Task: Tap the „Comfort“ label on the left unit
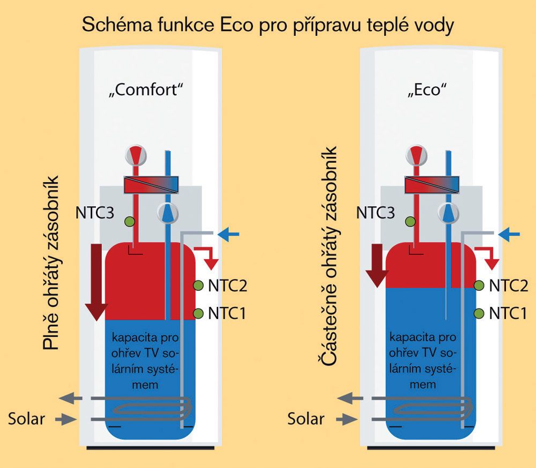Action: [146, 90]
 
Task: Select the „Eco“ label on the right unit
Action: [427, 90]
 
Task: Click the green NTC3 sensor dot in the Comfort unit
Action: [129, 222]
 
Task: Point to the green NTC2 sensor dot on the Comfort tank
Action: [198, 285]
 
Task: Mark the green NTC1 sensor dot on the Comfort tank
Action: [198, 313]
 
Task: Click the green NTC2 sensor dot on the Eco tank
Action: [479, 285]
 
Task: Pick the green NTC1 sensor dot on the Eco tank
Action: [479, 313]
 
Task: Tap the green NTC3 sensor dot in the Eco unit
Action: [410, 222]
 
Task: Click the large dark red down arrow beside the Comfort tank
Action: [96, 282]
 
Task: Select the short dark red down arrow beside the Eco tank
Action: [377, 266]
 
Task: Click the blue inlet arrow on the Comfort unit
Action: [228, 235]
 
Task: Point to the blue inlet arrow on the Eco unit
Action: [509, 235]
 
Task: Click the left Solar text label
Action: [26, 419]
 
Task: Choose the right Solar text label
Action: [306, 419]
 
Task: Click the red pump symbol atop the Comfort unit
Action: [136, 155]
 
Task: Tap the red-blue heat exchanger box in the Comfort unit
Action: [151, 185]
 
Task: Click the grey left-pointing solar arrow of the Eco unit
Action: [350, 398]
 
